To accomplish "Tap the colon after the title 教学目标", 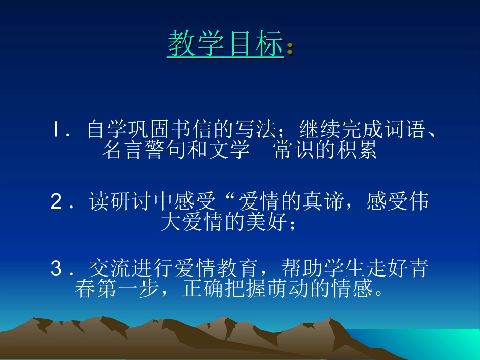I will (290, 48).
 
